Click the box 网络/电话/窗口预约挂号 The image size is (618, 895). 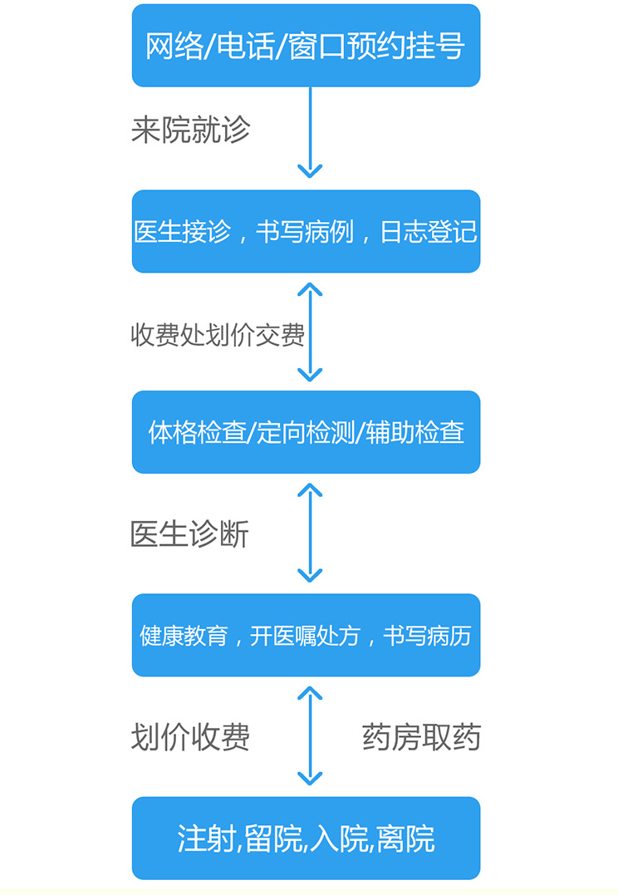coord(306,46)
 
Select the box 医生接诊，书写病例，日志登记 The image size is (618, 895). coord(306,231)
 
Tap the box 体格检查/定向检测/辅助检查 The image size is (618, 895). coord(306,432)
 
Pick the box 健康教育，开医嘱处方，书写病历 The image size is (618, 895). coord(306,636)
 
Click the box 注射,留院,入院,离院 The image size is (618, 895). coord(306,838)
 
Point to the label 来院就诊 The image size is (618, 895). coord(190,130)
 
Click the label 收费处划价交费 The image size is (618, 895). coord(218,335)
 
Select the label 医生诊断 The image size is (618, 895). coord(189,534)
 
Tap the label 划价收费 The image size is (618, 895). coord(190,737)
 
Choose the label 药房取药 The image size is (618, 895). coord(421,737)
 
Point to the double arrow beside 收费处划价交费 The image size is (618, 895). coord(310,332)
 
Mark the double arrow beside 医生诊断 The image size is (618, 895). coord(310,533)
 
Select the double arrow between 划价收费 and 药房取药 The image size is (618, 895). coord(310,735)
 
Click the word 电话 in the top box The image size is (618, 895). coord(242,46)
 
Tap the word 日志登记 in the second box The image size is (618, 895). coord(429,231)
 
